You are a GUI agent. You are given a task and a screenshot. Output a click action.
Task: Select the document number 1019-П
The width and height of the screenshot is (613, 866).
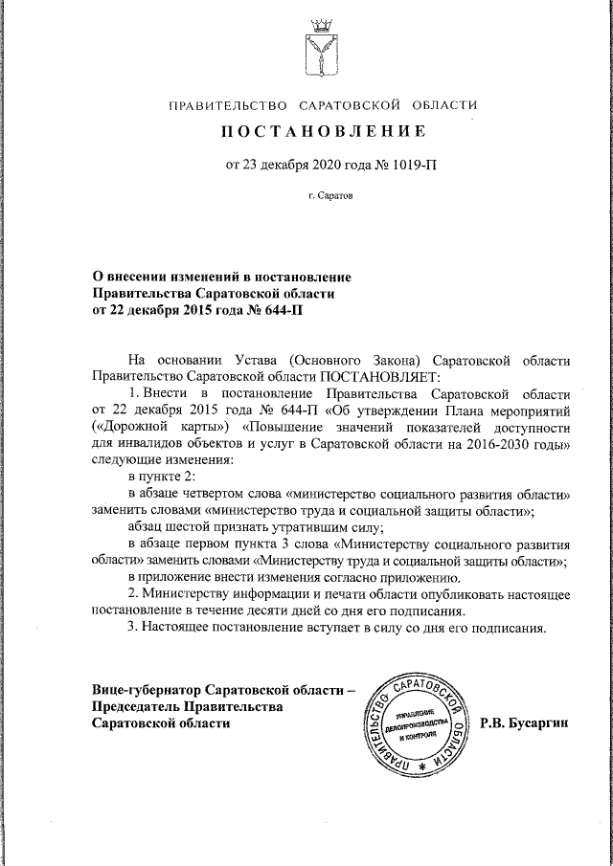[x=412, y=166]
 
